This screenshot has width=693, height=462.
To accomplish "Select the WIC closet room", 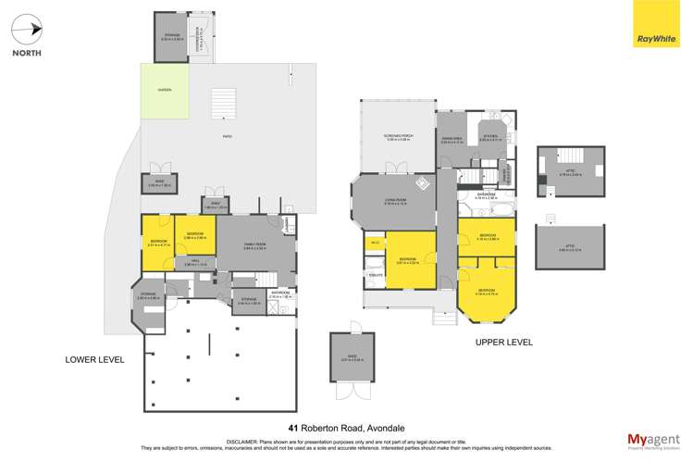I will pos(375,243).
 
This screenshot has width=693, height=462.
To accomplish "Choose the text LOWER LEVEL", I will pos(93,358).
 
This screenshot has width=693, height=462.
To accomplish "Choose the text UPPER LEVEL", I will pos(504,342).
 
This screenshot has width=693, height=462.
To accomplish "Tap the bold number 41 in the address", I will pos(294,428).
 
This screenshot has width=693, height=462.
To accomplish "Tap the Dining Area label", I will pos(452,142).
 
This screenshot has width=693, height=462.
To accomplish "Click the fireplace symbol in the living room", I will pos(422,182).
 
